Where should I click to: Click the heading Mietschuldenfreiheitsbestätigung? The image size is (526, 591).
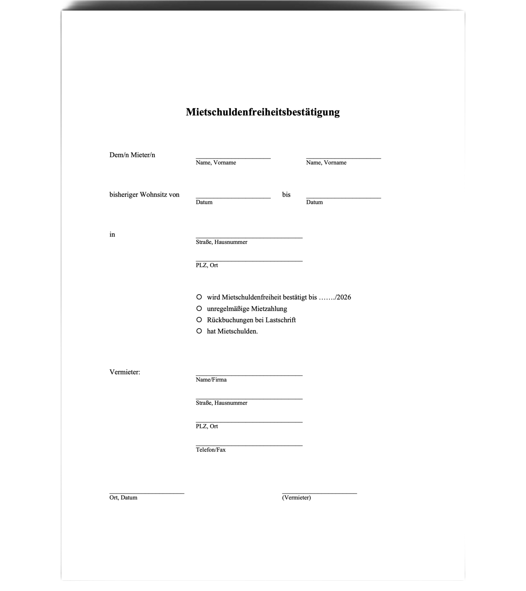coord(263,112)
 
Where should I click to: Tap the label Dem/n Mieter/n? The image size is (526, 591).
coord(132,155)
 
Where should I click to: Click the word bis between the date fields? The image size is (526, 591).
coord(286,195)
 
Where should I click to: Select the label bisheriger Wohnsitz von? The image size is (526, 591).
coord(144,195)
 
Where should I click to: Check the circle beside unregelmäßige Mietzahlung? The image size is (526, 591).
coord(199,308)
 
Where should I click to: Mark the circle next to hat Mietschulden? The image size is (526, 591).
coord(199,331)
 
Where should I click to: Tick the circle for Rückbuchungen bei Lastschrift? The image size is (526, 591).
coord(199,320)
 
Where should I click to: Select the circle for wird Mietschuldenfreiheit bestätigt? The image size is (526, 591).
coord(199,297)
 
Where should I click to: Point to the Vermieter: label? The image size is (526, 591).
coord(125,372)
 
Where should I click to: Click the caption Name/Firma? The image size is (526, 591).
coord(211,380)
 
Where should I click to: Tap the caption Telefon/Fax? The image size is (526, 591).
coord(211,450)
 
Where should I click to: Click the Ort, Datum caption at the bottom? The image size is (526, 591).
coord(123,497)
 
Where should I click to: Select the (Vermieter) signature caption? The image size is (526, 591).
coord(296,497)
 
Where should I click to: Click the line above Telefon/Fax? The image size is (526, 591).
coord(249,445)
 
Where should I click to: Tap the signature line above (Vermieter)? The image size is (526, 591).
coord(319,494)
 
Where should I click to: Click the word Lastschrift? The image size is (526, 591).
coord(281,320)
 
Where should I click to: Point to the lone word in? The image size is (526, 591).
coord(112,235)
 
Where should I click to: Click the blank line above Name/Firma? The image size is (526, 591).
coord(249,375)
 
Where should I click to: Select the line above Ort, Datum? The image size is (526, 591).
coord(147,494)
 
